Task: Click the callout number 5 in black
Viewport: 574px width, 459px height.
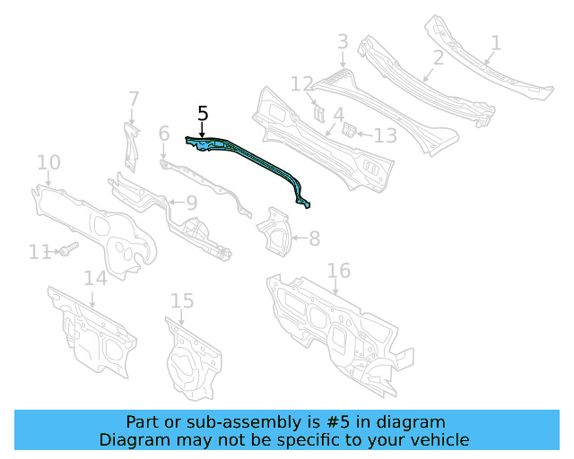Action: pos(203,114)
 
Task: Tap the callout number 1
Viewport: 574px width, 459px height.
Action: pos(496,42)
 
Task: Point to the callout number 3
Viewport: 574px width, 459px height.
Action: pos(343,41)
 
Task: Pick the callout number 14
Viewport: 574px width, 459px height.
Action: pos(96,278)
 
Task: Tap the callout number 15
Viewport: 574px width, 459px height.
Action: pos(182,300)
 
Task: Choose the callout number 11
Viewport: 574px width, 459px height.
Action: pos(39,253)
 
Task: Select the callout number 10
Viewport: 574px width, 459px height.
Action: pos(48,162)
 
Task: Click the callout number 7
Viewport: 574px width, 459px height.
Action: pos(134,98)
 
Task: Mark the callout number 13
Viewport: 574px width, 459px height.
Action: pos(385,135)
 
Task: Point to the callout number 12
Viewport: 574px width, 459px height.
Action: pos(302,84)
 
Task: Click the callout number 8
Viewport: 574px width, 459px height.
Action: pos(314,238)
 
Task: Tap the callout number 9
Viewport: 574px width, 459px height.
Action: pos(192,203)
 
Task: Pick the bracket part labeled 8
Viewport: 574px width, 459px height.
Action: pos(274,229)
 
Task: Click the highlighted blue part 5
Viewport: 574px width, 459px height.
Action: pos(260,162)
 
